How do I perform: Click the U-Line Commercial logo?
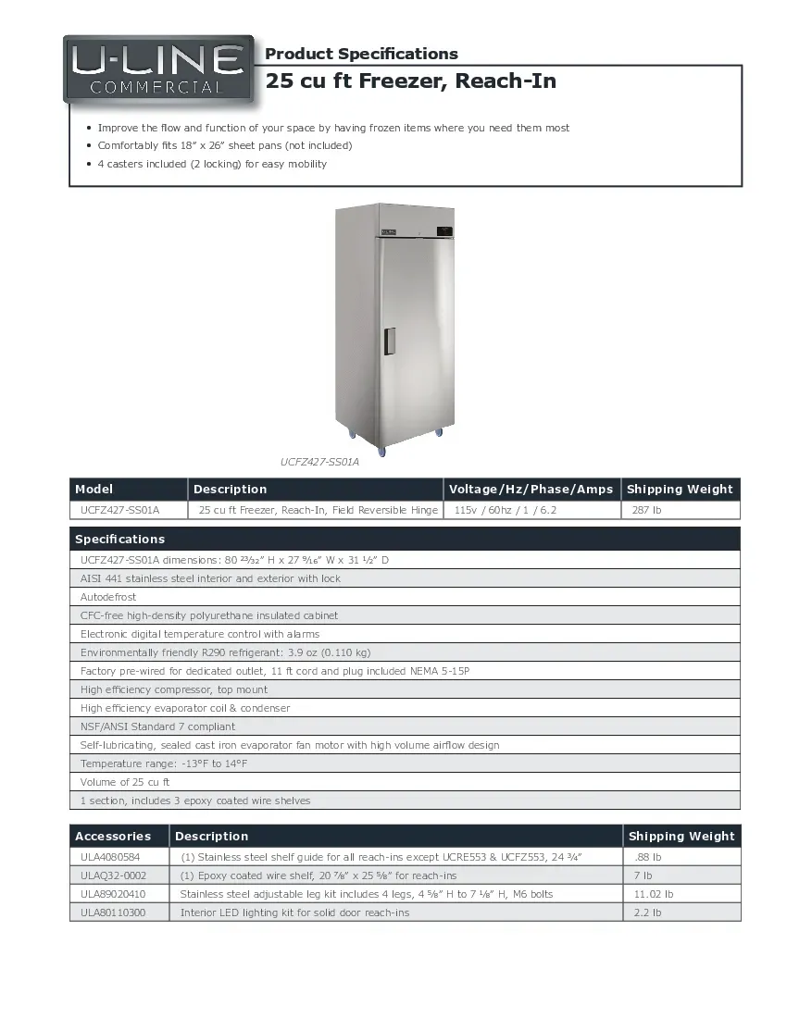tap(157, 69)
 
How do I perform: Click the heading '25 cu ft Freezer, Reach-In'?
tap(410, 81)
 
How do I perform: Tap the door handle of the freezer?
tap(390, 341)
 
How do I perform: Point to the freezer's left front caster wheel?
tap(353, 433)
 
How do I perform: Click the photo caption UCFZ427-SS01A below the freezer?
tap(319, 460)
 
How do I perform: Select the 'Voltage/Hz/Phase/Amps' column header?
tap(531, 490)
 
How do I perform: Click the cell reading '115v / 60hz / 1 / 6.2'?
tap(506, 510)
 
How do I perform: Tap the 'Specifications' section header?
tap(120, 539)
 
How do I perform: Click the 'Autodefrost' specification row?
tap(108, 597)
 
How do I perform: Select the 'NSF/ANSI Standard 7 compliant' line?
tap(157, 726)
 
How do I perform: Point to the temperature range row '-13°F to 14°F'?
tap(164, 763)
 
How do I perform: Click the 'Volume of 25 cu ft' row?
tap(125, 782)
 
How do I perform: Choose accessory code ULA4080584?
tap(110, 857)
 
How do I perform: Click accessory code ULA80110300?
tap(112, 912)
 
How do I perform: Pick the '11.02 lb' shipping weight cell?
tap(653, 894)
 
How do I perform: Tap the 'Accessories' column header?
tap(112, 836)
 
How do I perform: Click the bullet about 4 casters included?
tap(212, 164)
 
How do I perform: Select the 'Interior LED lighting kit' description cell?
tap(294, 912)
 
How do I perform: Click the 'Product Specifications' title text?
tap(361, 54)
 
